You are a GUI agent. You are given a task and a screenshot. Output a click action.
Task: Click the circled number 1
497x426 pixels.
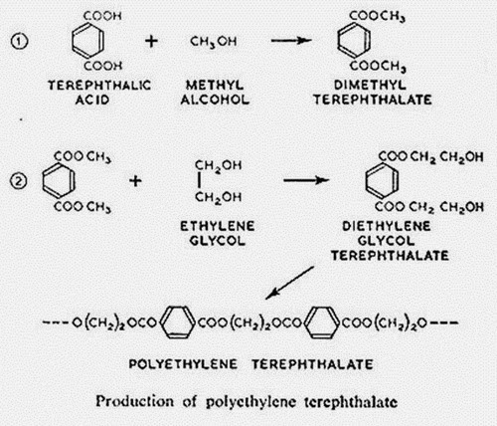coord(20,42)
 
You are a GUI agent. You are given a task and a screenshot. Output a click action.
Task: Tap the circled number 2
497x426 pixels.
coord(19,181)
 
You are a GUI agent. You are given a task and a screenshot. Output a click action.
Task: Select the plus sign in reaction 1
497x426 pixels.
coord(151,41)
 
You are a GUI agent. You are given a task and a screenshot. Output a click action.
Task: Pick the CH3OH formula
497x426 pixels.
coord(213,42)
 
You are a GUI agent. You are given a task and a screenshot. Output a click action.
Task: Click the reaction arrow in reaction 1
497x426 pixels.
coord(291,41)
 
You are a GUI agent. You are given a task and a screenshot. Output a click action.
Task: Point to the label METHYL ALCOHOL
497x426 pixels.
coord(215,93)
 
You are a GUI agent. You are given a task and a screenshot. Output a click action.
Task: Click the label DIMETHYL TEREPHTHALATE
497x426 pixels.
coord(373,93)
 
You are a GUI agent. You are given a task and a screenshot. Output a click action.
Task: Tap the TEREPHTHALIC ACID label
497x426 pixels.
coord(99,93)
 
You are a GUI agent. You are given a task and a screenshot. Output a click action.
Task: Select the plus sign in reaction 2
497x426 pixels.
coord(135,181)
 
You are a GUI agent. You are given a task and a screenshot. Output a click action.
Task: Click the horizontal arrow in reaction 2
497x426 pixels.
coord(306,180)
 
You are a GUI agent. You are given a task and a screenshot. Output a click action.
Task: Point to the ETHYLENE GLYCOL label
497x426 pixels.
coord(217,234)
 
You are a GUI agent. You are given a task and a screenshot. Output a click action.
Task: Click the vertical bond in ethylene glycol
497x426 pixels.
coord(199,181)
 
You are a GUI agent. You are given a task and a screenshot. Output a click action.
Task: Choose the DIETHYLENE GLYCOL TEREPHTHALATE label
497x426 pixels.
coord(390,241)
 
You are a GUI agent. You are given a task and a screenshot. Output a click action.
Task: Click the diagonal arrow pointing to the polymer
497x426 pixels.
coord(289,283)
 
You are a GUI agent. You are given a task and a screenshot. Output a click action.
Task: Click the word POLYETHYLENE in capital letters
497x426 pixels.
coord(183,364)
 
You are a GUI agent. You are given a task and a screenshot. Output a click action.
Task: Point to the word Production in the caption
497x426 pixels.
coord(134,401)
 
